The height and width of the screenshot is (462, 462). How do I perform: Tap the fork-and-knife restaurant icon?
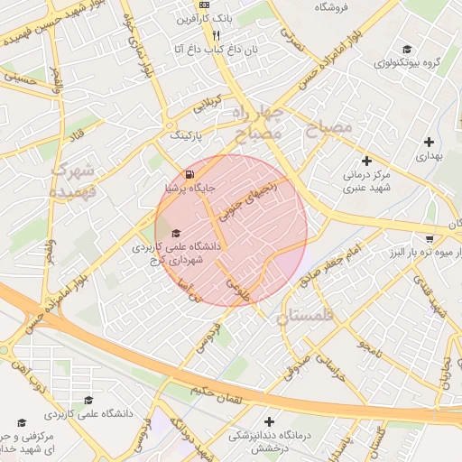click(216, 36)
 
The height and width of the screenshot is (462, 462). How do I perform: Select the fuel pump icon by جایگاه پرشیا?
click(188, 174)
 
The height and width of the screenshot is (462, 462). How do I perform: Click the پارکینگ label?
click(189, 135)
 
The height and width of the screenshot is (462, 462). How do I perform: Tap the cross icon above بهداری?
click(430, 142)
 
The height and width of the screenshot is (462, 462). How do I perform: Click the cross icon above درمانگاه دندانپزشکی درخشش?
click(269, 421)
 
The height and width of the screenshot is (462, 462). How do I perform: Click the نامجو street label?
click(370, 345)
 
